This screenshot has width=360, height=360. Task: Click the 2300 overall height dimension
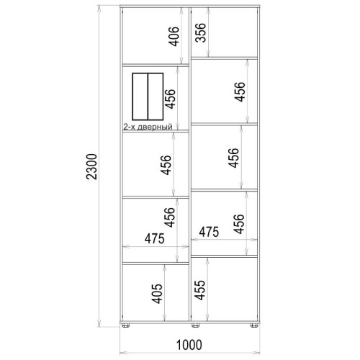pos(91,166)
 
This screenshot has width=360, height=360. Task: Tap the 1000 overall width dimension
pos(189,345)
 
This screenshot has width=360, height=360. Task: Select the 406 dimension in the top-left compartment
pos(174,36)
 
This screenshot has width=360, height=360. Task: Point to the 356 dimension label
pos(200,32)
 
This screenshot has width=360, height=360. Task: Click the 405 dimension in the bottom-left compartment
pos(157,294)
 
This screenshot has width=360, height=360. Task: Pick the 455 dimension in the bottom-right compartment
pos(199,290)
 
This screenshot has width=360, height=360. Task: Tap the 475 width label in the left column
pos(155,238)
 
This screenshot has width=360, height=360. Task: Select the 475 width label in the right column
pos(209,232)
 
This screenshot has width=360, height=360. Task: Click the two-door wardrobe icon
pos(148,96)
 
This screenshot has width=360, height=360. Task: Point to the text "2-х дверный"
pos(148,127)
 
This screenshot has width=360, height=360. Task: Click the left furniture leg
pos(125,325)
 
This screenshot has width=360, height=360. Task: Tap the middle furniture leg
pos(195,325)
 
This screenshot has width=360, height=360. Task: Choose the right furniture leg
pos(254,325)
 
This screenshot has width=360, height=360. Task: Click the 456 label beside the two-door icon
pos(170,99)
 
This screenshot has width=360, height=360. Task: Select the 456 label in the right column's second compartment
pos(240,92)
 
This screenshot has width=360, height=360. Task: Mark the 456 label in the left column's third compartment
pos(166,165)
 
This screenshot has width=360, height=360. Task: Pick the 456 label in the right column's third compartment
pos(233,158)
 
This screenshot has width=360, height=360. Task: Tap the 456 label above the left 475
pos(169,217)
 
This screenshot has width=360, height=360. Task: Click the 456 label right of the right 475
pos(238,224)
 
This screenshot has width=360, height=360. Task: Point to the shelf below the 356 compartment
pos(224,58)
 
